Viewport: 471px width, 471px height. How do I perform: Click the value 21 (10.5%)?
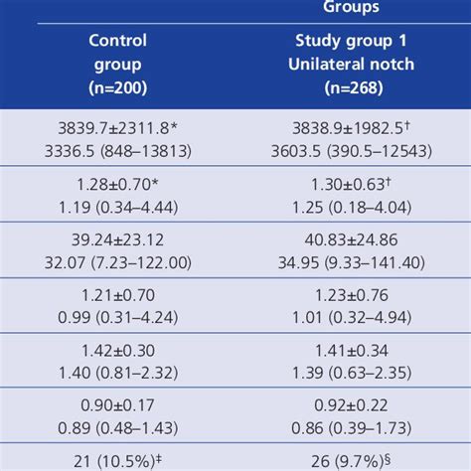tap(118, 460)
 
